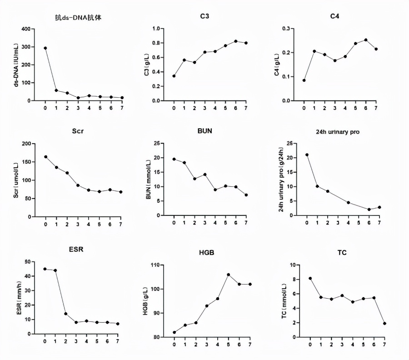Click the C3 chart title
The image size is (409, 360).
[204, 17]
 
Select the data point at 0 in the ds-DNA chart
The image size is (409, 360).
[45, 48]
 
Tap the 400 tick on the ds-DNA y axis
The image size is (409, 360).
[25, 29]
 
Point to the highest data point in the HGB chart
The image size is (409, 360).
[229, 275]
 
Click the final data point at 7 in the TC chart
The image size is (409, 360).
[384, 323]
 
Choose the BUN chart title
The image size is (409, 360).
[204, 131]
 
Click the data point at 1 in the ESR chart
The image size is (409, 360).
[55, 270]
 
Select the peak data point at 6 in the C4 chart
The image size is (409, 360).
[366, 40]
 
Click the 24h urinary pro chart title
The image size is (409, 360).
[335, 132]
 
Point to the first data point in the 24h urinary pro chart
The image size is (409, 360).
[307, 155]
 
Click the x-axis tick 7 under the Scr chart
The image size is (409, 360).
[120, 224]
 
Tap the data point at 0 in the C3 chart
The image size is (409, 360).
[174, 76]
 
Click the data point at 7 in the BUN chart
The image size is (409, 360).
[246, 195]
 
